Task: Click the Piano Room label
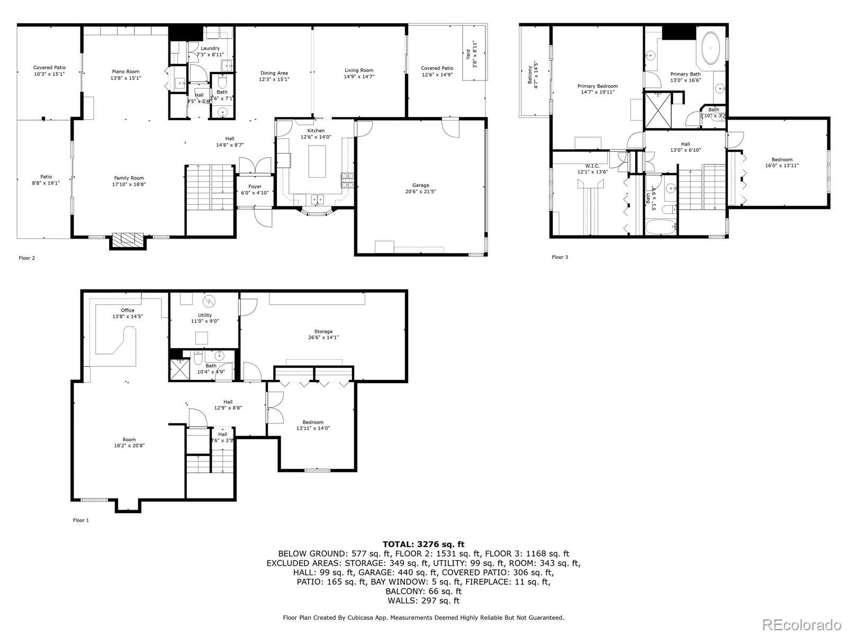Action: coord(125,71)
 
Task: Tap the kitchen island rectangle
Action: coord(317,162)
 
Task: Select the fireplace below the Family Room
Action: coord(127,240)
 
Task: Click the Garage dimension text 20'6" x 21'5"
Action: coord(421,192)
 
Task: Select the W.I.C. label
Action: coord(592,166)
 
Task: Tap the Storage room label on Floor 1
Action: coord(323,331)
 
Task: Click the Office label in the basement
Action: coord(128,310)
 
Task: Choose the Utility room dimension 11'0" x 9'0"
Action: coord(205,321)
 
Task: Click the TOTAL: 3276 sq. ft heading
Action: coord(424,544)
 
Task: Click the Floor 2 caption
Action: coord(26,258)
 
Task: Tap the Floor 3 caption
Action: coord(560,257)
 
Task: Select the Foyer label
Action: coord(255,186)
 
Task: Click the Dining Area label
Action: coord(274,73)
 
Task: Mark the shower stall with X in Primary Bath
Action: coord(657,111)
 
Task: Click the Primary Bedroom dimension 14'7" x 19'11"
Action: coord(597,92)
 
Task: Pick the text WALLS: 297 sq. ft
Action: coord(424,601)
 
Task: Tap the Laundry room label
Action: coord(210,48)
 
